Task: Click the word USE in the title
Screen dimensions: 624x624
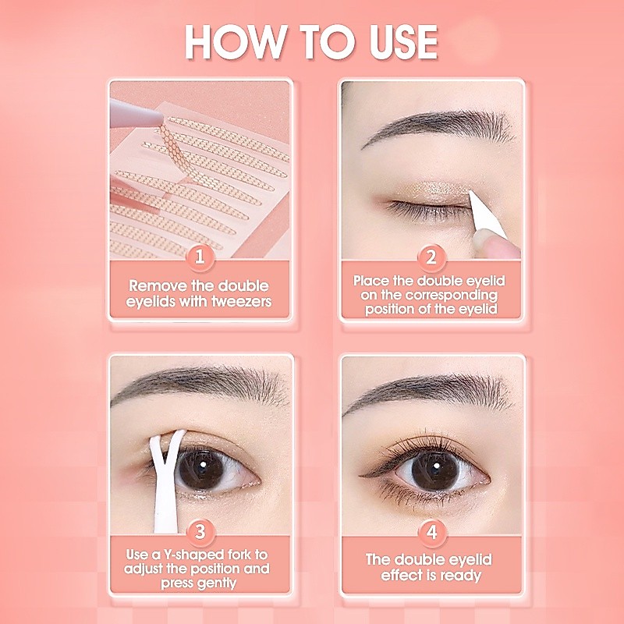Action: click(x=403, y=42)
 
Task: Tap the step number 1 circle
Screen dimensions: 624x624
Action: click(x=200, y=257)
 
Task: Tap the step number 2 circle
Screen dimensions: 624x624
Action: click(x=431, y=257)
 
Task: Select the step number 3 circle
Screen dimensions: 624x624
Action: click(x=200, y=532)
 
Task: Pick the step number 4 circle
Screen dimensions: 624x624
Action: click(x=432, y=533)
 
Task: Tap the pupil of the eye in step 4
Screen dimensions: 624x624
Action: click(x=435, y=466)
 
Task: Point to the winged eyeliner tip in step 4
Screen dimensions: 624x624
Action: click(x=360, y=476)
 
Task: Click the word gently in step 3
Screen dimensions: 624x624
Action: click(x=218, y=583)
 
